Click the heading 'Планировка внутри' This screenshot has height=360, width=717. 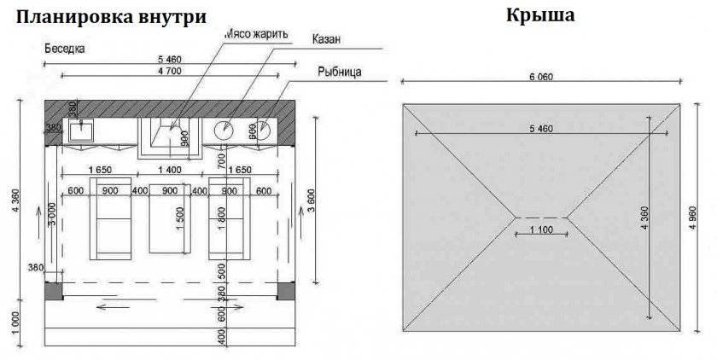pos(111,17)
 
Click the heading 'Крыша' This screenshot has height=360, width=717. pos(540,15)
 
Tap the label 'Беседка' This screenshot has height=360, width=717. pos(63,49)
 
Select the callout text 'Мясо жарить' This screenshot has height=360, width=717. pos(257,34)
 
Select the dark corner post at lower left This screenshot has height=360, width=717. pos(53,291)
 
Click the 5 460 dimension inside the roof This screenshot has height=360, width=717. pos(540,129)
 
